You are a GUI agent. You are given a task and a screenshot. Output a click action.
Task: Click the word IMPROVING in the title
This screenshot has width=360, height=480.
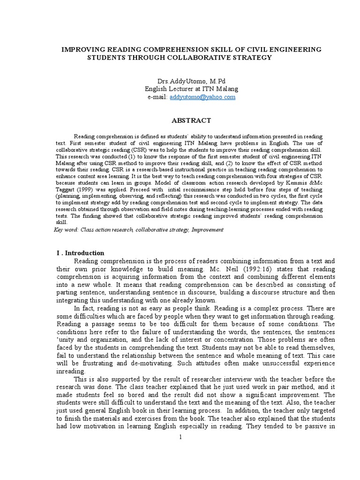(x=81, y=49)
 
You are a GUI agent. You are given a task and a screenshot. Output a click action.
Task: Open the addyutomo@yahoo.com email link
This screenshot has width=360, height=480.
(x=202, y=97)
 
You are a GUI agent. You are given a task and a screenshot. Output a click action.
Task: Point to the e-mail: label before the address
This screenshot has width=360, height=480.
(x=157, y=97)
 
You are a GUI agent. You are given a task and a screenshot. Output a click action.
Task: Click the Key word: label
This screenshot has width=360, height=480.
(x=66, y=230)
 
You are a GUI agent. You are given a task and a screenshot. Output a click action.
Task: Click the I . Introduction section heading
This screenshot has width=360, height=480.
(x=80, y=253)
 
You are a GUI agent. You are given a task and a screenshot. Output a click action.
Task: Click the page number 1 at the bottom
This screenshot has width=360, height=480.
(x=180, y=437)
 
